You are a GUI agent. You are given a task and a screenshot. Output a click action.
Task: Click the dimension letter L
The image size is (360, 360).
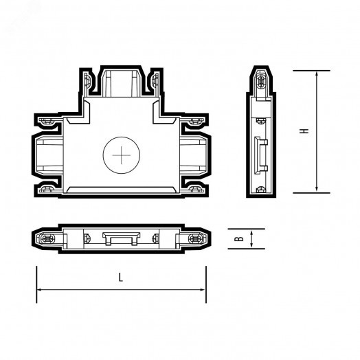pyautogui.click(x=120, y=277)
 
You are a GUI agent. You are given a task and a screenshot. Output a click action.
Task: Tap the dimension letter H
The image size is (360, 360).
pyautogui.click(x=303, y=130)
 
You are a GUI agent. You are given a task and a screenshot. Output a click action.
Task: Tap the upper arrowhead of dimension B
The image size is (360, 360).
pyautogui.click(x=252, y=232)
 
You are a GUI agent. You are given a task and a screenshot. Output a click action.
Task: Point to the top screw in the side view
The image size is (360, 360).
pyautogui.click(x=261, y=81)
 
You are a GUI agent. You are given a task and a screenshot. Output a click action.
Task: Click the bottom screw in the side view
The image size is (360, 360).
pyautogui.click(x=261, y=190)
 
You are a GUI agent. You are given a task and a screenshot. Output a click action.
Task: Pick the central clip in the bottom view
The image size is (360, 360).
pyautogui.click(x=120, y=237)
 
